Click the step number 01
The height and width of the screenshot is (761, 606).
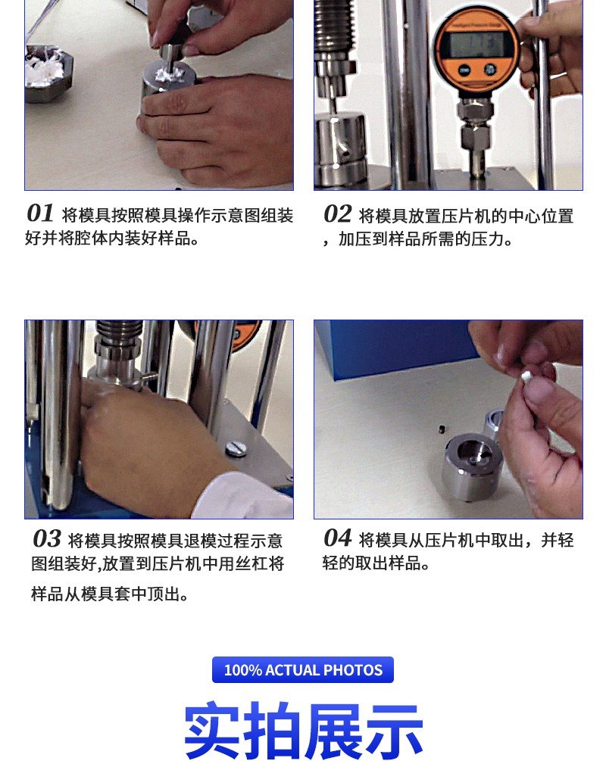click(40, 213)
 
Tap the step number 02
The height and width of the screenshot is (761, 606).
click(338, 214)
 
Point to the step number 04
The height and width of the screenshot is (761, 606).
click(338, 538)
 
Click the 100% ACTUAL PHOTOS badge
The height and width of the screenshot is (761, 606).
click(303, 670)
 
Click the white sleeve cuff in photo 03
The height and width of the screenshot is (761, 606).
click(242, 496)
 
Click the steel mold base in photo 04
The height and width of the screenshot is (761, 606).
click(470, 466)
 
